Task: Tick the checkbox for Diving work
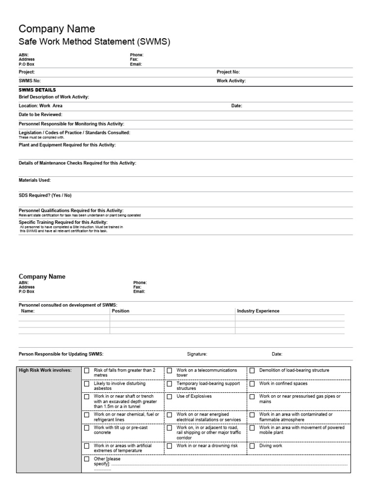point(252,446)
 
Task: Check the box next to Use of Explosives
point(170,396)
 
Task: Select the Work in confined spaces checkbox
point(252,384)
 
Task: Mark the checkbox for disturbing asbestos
point(87,384)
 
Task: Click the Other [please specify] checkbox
point(87,459)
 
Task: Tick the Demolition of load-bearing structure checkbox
point(252,371)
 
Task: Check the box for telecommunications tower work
point(170,371)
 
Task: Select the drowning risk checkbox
point(170,446)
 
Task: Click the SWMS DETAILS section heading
point(37,90)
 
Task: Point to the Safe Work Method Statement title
point(94,42)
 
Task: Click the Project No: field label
point(228,72)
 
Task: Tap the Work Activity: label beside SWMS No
point(231,81)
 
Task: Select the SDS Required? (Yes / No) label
point(45,195)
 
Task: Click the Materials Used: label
point(34,180)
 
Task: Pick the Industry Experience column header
point(258,311)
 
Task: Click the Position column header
point(121,311)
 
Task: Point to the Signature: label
point(197,354)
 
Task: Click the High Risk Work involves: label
point(45,371)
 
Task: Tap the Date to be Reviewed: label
point(40,114)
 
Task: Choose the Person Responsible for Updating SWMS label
point(61,354)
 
